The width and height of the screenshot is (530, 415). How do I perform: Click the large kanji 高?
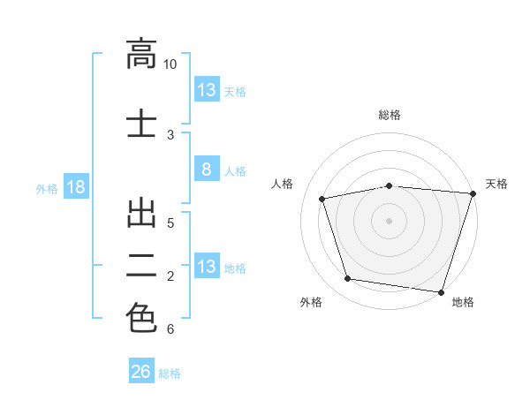click(141, 54)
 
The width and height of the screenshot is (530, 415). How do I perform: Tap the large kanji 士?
click(141, 123)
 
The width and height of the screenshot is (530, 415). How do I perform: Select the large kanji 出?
click(141, 214)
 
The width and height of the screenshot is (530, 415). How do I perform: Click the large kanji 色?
click(141, 318)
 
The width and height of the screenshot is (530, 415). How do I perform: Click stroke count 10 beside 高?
click(170, 64)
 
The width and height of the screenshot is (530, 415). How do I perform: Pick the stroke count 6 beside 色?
click(170, 329)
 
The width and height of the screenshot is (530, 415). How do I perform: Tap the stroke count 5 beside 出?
click(170, 223)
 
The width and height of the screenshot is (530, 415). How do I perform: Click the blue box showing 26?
click(141, 370)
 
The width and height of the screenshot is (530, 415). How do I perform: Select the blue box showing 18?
click(76, 186)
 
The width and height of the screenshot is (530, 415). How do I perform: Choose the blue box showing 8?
click(207, 169)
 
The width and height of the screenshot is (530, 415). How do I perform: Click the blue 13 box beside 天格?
click(207, 89)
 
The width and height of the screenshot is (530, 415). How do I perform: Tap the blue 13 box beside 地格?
click(207, 265)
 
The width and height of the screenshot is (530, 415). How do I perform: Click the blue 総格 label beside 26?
click(170, 373)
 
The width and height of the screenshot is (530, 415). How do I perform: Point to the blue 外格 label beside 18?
click(47, 189)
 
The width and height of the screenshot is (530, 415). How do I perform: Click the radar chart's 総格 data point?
click(390, 186)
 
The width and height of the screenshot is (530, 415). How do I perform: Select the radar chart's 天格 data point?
click(473, 193)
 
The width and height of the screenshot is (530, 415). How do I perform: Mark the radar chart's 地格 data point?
click(441, 292)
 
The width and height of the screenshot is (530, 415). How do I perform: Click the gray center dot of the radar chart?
click(389, 221)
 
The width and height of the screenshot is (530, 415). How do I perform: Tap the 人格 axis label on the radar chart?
click(282, 184)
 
